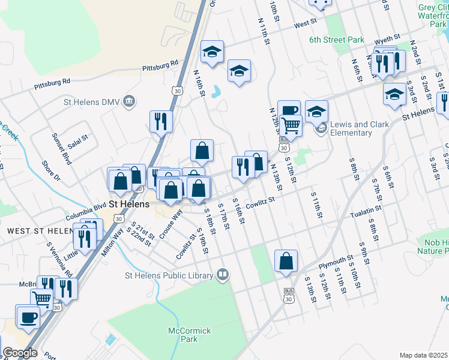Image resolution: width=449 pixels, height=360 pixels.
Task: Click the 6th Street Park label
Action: (x=337, y=40)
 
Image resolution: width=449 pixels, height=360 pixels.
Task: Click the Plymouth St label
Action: (x=336, y=262)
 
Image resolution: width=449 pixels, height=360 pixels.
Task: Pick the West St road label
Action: (x=306, y=25)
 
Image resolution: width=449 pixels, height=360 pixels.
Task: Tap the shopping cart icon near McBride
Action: (x=41, y=298)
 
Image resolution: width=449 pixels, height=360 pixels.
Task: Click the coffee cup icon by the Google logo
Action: (x=28, y=317)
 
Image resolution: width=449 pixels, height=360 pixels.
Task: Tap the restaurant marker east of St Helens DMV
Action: (x=161, y=121)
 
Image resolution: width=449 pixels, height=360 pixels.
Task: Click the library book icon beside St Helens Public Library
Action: (x=223, y=275)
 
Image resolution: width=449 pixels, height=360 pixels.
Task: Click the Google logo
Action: (x=20, y=353)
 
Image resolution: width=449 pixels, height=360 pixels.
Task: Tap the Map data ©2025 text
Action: (x=424, y=355)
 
